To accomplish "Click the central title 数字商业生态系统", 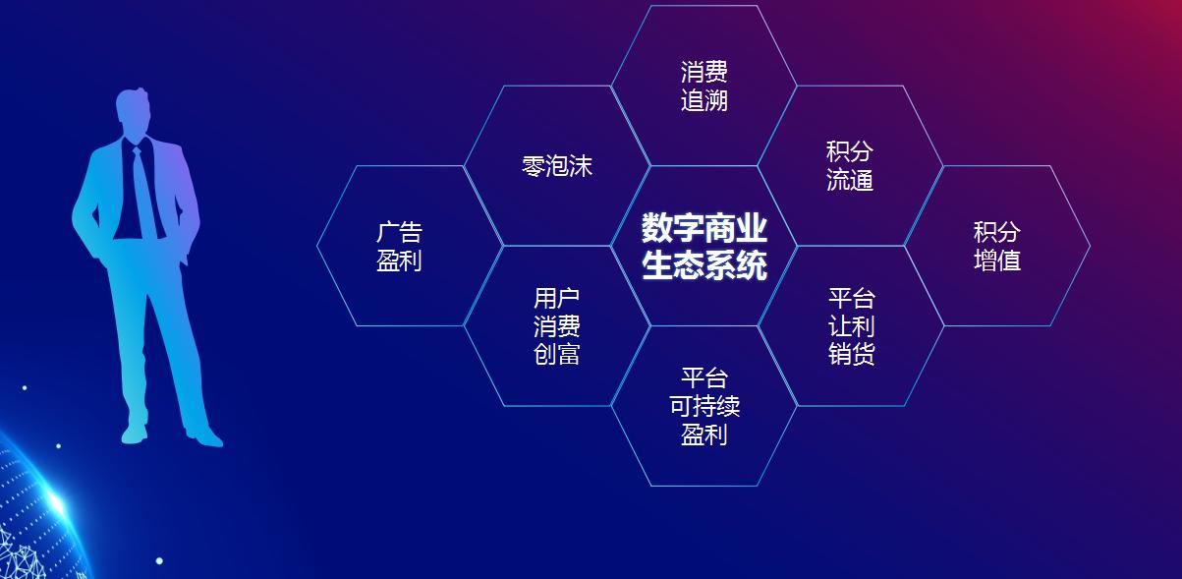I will (704, 246).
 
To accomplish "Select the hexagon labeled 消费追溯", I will (704, 86).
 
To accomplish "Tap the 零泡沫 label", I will (557, 165).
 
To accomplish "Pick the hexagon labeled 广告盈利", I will (399, 246).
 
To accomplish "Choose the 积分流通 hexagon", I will (850, 165).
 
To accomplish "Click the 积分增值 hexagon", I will (996, 246).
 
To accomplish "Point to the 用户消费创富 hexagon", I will (557, 325).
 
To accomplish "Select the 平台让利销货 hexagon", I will (851, 325).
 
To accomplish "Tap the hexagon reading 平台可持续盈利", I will (704, 406).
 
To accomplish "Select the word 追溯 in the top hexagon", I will (704, 100).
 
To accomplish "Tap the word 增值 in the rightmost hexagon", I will (996, 261).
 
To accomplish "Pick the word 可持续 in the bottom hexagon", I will (704, 406).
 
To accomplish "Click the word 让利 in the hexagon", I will (851, 325).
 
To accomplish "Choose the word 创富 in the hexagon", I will (557, 354).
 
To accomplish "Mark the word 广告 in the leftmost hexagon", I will (399, 232).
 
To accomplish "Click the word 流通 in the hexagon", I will (850, 180).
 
